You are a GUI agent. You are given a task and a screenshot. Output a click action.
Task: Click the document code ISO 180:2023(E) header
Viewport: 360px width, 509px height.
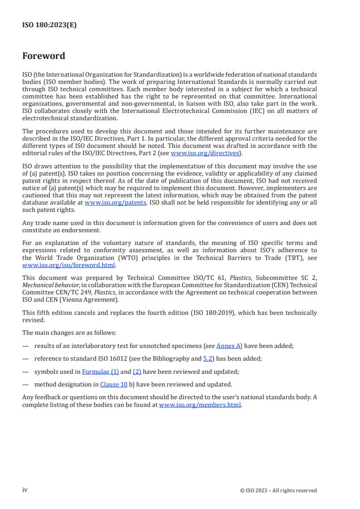pos(49,25)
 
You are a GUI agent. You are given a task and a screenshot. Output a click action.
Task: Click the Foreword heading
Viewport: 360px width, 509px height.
pos(44,56)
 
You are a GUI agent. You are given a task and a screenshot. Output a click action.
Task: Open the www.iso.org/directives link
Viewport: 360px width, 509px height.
pos(205,153)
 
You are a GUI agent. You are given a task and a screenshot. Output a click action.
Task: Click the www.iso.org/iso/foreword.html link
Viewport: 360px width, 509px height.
pos(69,265)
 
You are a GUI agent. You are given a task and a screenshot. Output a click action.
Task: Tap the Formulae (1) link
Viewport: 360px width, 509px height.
pos(100,372)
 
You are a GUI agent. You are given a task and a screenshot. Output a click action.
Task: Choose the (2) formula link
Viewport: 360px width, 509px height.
pos(137,372)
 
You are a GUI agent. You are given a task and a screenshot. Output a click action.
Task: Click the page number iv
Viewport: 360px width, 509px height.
pos(25,490)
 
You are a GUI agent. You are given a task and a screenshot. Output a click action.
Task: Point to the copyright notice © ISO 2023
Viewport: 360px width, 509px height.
pos(278,490)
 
